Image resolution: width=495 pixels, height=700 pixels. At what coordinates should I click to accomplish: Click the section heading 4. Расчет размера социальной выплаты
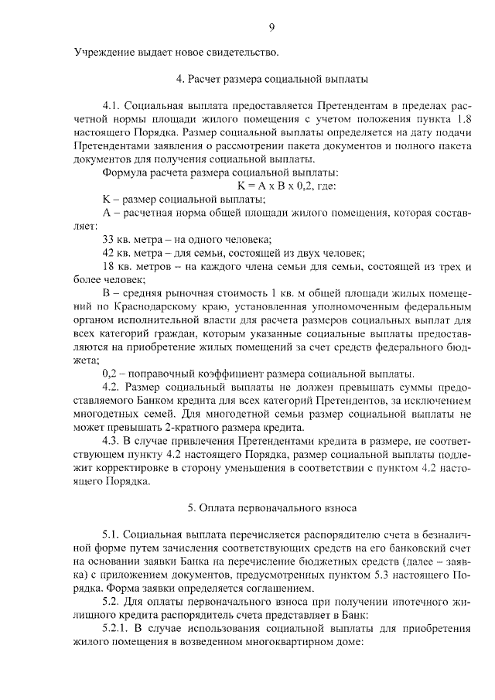271,79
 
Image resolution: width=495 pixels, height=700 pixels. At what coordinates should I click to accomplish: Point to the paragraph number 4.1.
111,105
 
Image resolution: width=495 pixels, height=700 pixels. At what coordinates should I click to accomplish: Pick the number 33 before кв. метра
108,237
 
